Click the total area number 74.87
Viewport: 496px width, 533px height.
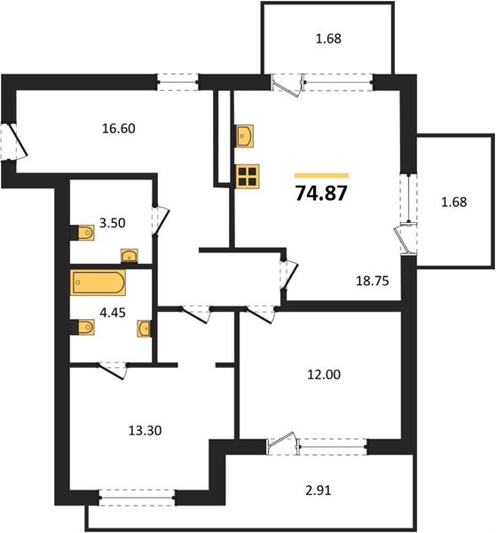point(321,194)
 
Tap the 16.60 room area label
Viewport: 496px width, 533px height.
point(119,129)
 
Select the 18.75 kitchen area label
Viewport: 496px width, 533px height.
point(372,281)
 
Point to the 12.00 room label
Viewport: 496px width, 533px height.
point(324,375)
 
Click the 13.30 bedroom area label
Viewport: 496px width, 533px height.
point(145,431)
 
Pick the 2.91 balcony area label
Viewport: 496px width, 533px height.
point(319,490)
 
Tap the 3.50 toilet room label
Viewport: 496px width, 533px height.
point(112,223)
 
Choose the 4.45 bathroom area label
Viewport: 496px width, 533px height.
point(113,313)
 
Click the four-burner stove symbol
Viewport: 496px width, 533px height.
point(248,176)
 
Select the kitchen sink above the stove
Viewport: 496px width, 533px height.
point(245,136)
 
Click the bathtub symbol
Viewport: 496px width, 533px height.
point(98,282)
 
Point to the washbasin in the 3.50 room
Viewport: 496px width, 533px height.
point(130,256)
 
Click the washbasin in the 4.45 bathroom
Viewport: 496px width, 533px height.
point(145,329)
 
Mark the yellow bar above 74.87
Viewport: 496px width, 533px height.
point(321,176)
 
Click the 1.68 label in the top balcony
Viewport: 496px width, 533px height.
point(328,38)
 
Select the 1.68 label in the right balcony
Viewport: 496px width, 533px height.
point(454,202)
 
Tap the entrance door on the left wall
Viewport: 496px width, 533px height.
point(13,142)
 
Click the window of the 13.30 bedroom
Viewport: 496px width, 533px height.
point(138,497)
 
